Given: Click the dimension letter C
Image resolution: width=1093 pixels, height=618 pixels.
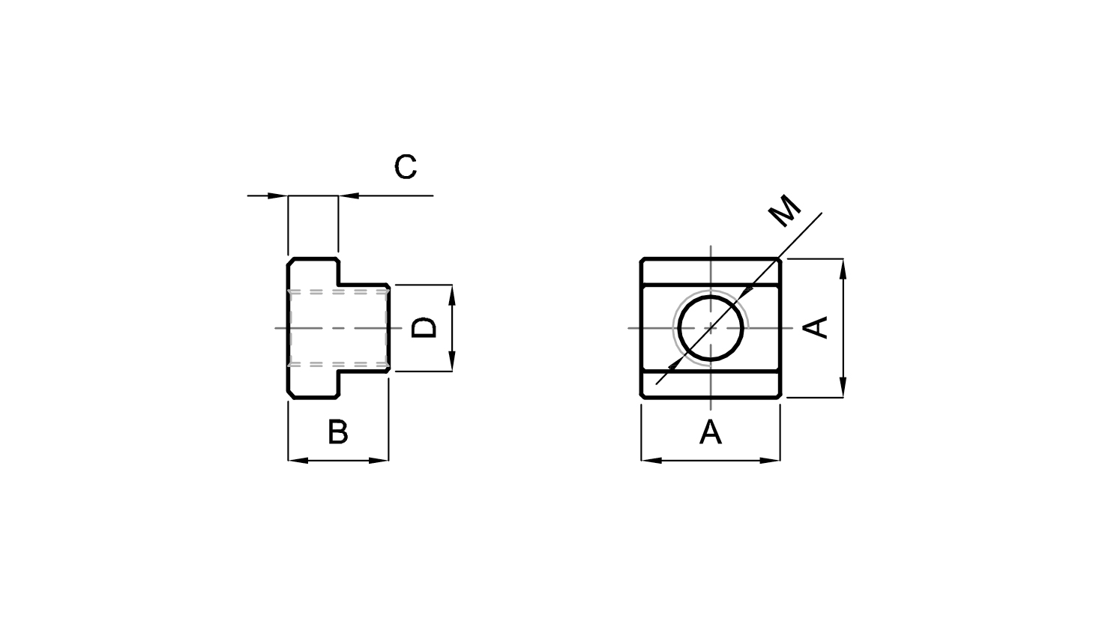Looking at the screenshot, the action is [x=406, y=167].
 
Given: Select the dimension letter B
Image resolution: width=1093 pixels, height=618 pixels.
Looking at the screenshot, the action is [x=337, y=431].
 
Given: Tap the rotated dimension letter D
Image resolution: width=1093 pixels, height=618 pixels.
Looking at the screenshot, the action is [x=424, y=327].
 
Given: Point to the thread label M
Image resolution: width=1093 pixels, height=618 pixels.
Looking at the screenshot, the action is [x=784, y=210].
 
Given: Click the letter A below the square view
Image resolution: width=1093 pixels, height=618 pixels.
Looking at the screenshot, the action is [x=711, y=431].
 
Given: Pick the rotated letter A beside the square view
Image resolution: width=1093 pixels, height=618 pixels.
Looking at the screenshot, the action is [x=816, y=327].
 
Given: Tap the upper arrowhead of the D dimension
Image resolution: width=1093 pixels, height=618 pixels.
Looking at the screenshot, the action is [x=452, y=295].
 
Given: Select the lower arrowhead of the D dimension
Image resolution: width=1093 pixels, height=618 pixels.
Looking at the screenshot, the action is [x=452, y=361].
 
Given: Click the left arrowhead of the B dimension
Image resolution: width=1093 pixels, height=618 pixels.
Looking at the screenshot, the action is [x=298, y=461].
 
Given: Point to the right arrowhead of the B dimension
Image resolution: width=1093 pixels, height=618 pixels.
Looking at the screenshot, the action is [x=379, y=461].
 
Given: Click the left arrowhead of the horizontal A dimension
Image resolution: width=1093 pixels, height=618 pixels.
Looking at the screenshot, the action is [x=651, y=461].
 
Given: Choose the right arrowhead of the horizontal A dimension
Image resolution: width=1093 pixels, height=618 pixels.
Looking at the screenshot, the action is [x=770, y=461].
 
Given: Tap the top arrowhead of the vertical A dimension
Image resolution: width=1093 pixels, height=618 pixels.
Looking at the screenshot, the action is [x=843, y=269].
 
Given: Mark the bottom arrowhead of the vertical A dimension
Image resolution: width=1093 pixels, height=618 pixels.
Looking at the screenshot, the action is [x=843, y=387].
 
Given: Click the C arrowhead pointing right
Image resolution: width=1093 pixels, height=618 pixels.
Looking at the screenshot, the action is [x=277, y=196].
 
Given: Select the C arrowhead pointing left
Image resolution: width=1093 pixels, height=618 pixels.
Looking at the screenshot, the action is [x=349, y=196].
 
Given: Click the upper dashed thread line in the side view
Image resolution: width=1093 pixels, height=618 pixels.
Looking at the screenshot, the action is [x=339, y=291].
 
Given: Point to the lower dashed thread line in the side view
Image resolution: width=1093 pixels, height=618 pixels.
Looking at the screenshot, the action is [x=339, y=364].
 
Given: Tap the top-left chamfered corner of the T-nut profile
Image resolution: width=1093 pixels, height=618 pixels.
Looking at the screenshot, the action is [x=290, y=261].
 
